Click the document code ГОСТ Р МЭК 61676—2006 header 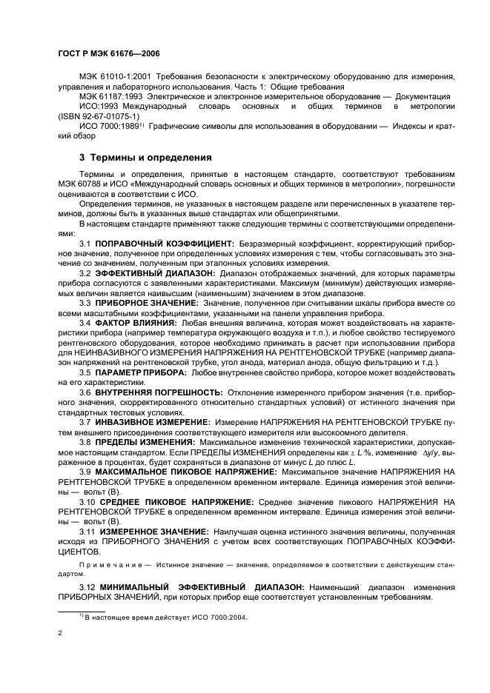pos(108,54)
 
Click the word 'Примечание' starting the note pos(107,563)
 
